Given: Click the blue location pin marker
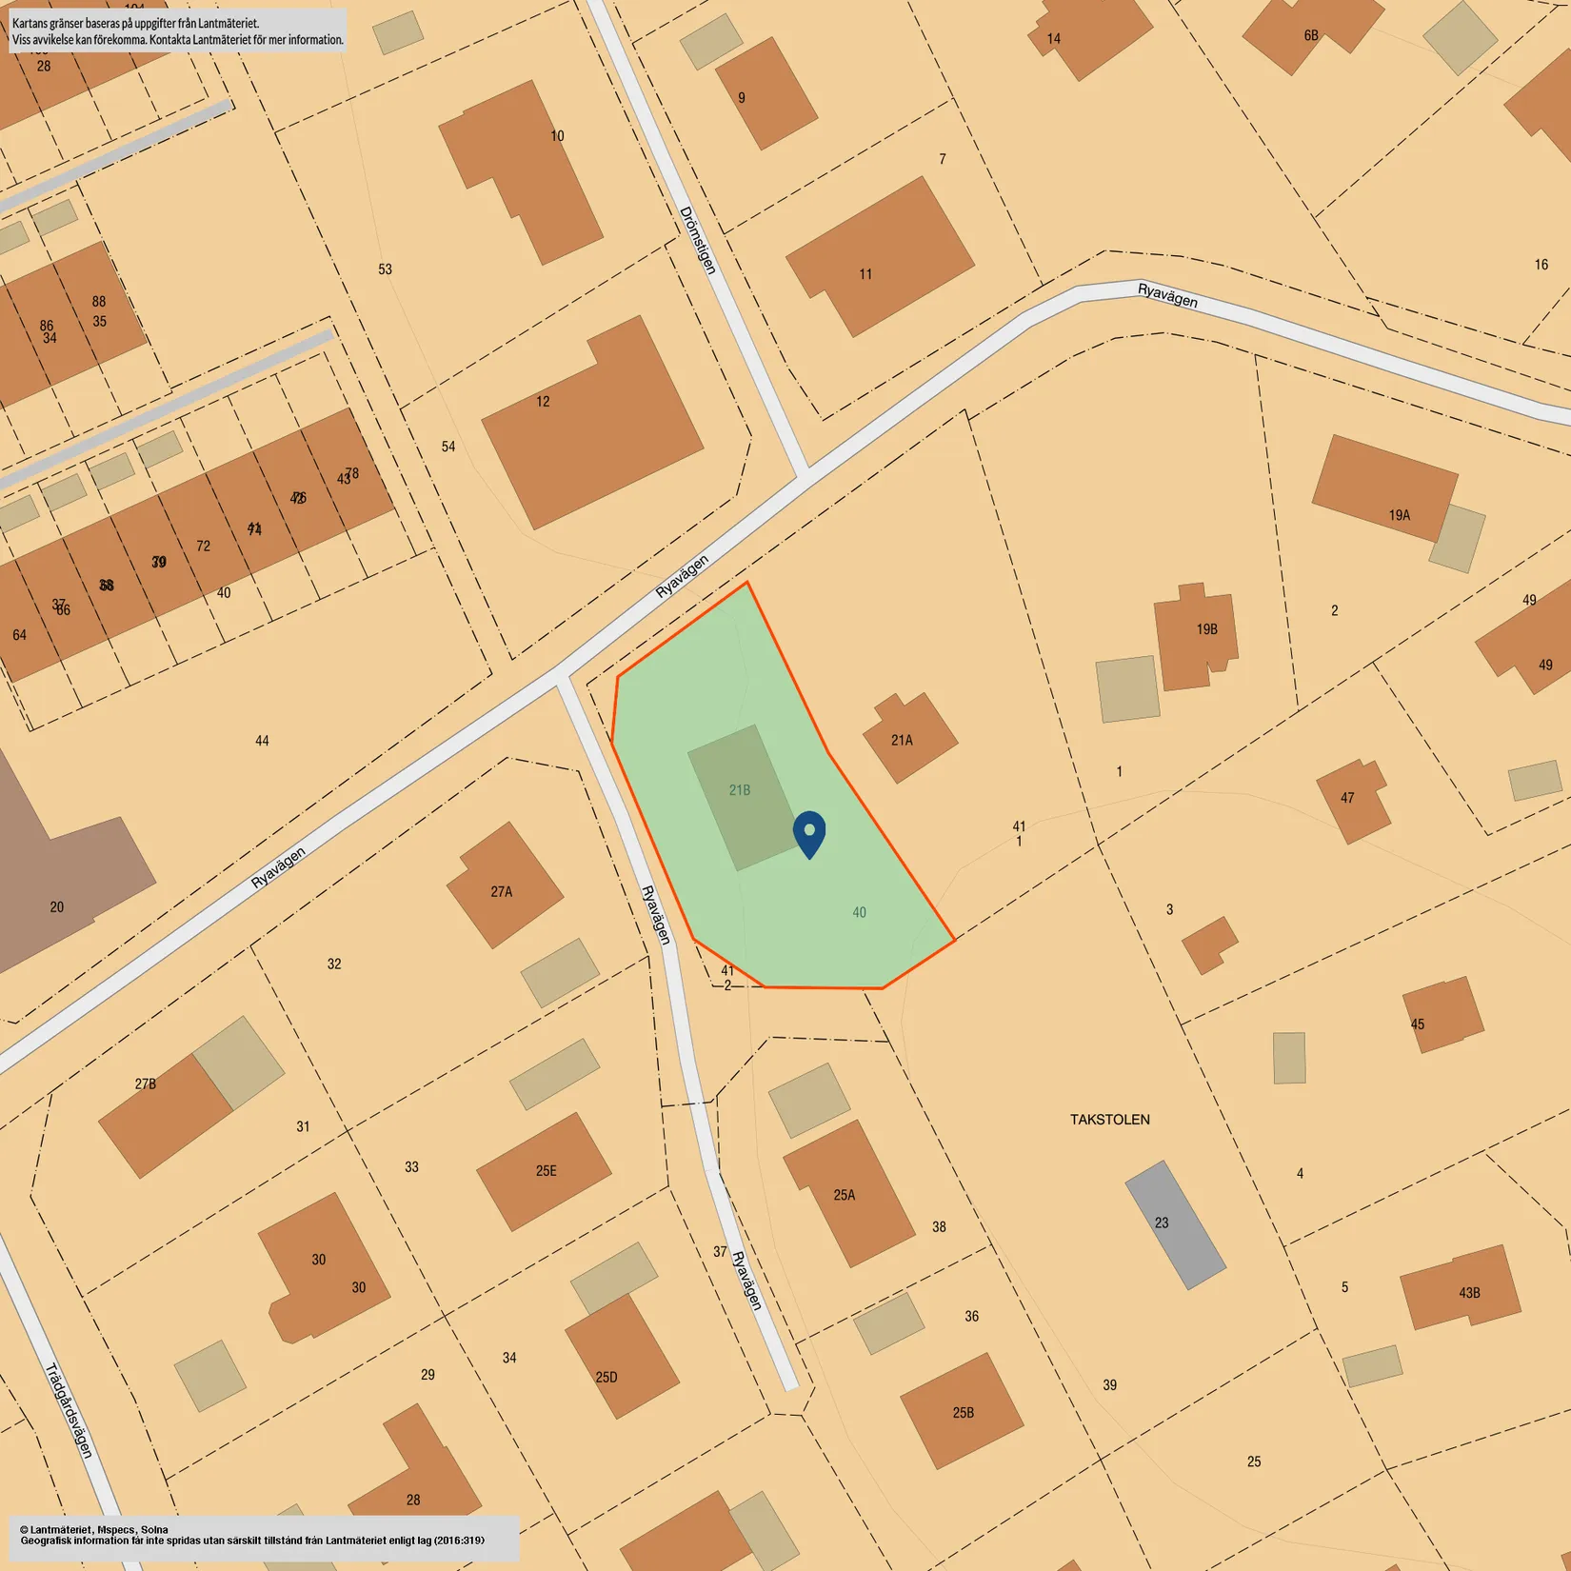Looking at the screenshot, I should tap(809, 833).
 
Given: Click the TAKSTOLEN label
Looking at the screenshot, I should tap(1109, 1120).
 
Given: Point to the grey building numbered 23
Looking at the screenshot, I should tap(1175, 1224).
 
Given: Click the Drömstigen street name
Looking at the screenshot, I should tap(697, 240).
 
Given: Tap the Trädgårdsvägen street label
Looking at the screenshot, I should tap(70, 1411).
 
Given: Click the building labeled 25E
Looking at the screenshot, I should tap(544, 1171).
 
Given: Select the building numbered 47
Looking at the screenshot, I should tap(1352, 800).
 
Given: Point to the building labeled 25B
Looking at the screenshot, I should tap(962, 1411).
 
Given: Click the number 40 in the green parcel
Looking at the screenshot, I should tap(859, 912).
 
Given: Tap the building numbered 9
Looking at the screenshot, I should tap(766, 94).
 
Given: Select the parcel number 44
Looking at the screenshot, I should tap(262, 741).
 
